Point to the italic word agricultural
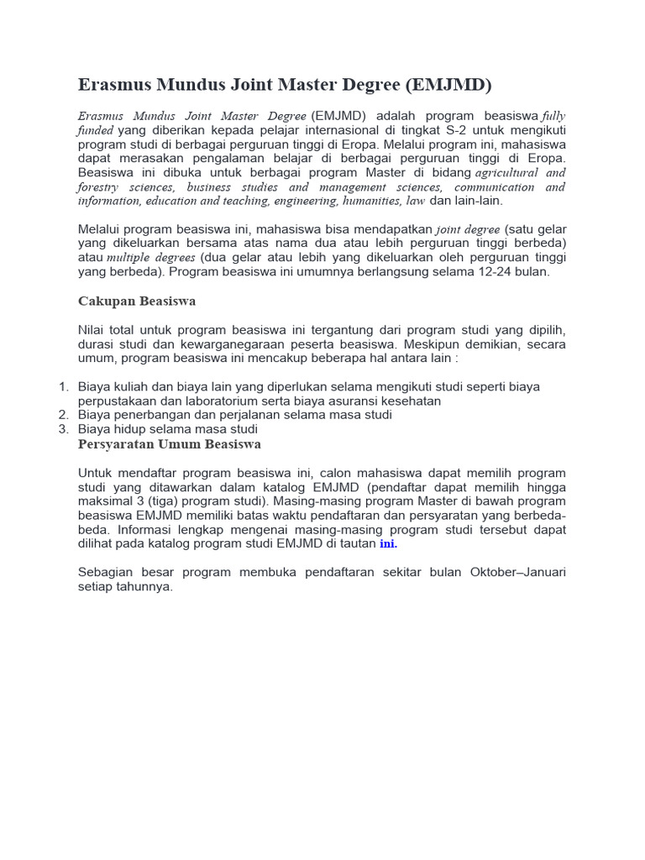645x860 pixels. (x=511, y=172)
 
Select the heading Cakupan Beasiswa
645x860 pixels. (x=137, y=301)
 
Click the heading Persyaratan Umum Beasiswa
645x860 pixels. (x=169, y=443)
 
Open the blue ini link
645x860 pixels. (x=387, y=544)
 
